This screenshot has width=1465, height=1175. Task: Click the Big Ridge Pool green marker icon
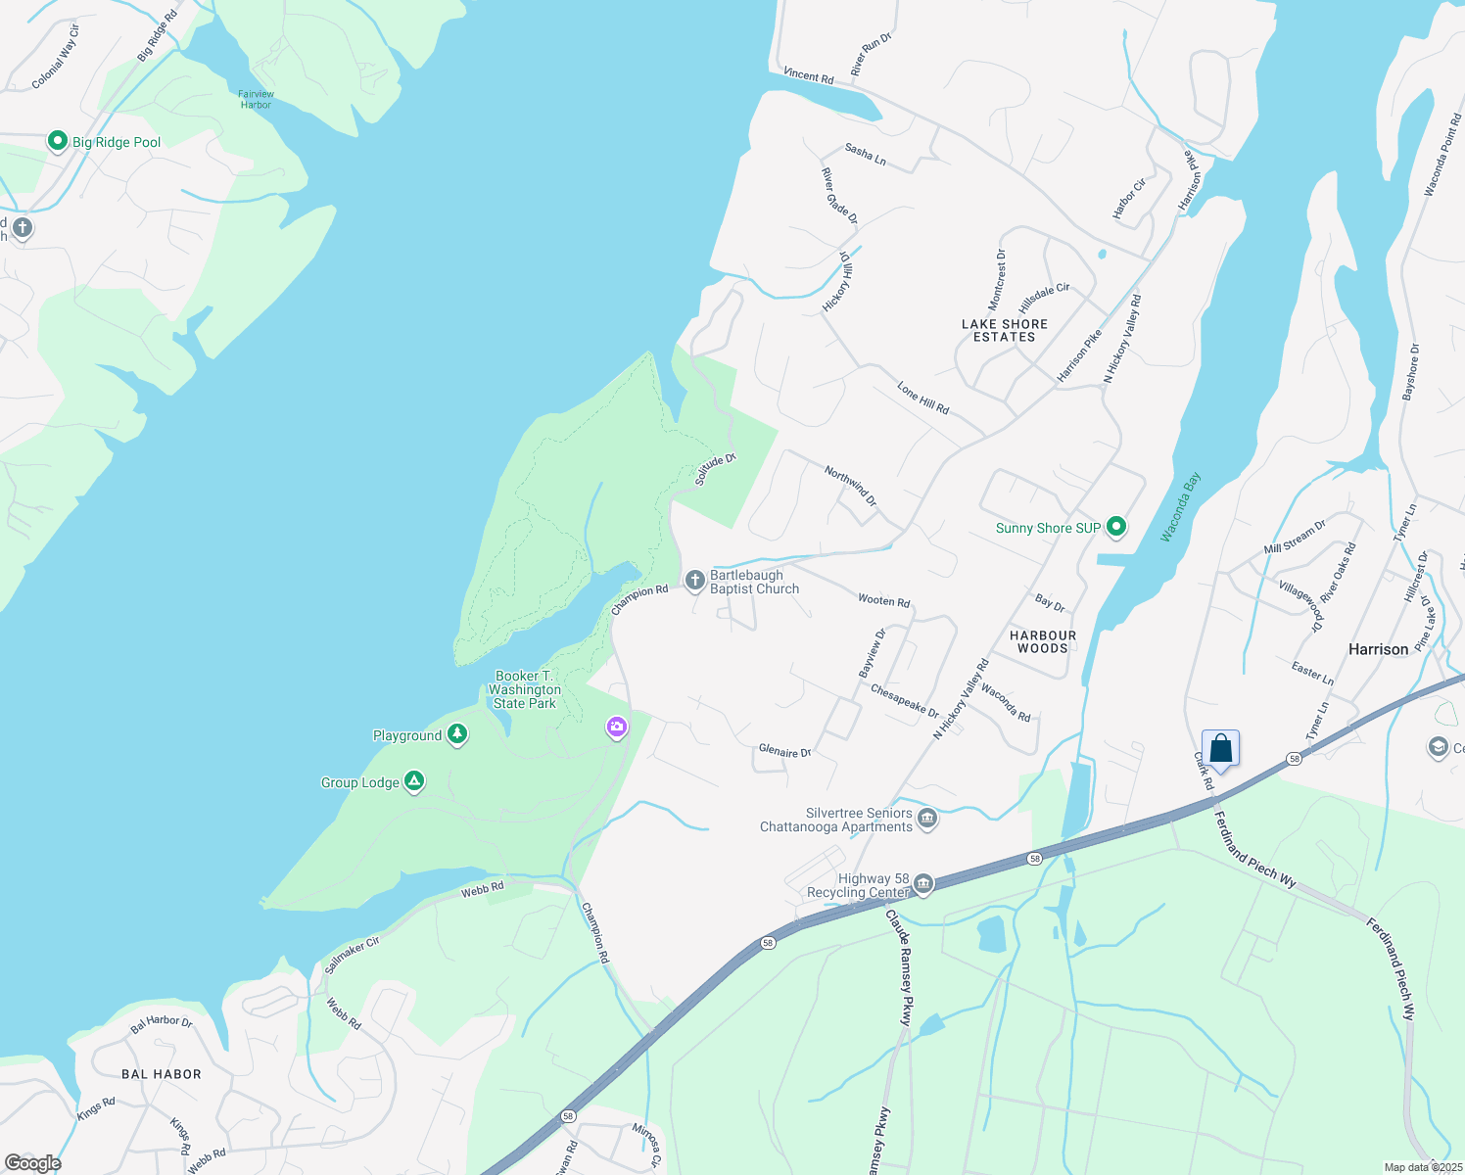coord(58,142)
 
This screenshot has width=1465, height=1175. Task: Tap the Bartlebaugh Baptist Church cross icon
coord(694,582)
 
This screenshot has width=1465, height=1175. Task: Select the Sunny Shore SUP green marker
coord(1115,528)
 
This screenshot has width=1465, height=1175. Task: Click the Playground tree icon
coord(457,735)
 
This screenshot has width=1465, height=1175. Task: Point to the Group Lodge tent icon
coord(414,781)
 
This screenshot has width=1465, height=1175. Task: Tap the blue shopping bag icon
coord(1220,749)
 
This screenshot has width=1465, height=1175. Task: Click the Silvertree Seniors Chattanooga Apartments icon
coord(927,819)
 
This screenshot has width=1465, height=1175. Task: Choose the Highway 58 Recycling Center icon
coord(922,885)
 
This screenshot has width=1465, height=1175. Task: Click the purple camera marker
coord(616,727)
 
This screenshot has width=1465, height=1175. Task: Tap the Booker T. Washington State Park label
coord(524,689)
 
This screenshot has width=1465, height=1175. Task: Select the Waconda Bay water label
coord(1180,507)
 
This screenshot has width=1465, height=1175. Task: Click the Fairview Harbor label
coord(256,99)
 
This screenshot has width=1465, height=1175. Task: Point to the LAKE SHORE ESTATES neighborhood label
coord(1005,330)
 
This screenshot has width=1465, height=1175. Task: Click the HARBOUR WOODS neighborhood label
coord(1043,641)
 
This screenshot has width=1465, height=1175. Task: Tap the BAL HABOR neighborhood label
coord(162,1074)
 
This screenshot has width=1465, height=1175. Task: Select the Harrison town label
coord(1378,649)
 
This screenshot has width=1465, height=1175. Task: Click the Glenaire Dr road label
coord(785,752)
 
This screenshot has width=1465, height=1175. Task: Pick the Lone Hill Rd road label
coord(922,399)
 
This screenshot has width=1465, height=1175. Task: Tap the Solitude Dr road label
coord(715,469)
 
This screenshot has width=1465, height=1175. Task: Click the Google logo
coord(33,1162)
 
